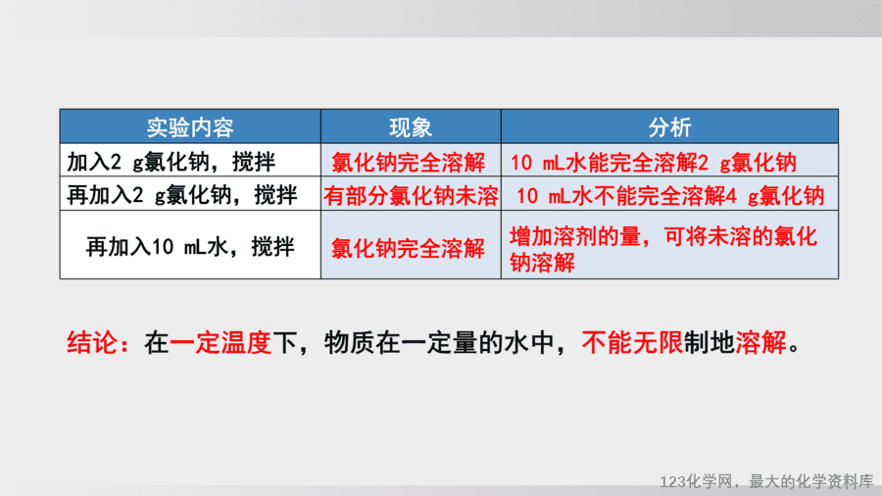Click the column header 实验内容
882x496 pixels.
pyautogui.click(x=190, y=127)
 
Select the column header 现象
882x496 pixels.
pyautogui.click(x=411, y=127)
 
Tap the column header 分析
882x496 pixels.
pyautogui.click(x=669, y=127)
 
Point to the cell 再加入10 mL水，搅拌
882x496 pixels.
pyautogui.click(x=190, y=246)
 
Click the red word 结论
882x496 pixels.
pyautogui.click(x=92, y=342)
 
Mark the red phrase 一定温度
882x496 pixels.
pyautogui.click(x=220, y=342)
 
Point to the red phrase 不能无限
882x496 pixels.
pyautogui.click(x=633, y=342)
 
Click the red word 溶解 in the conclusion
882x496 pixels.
pyautogui.click(x=760, y=342)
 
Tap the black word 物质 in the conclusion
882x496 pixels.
pyautogui.click(x=349, y=342)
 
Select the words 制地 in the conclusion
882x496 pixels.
pyautogui.click(x=710, y=342)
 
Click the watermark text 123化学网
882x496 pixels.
pyautogui.click(x=697, y=481)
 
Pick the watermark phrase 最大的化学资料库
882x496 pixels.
pyautogui.click(x=811, y=481)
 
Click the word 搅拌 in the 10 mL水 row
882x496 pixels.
pyautogui.click(x=272, y=246)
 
